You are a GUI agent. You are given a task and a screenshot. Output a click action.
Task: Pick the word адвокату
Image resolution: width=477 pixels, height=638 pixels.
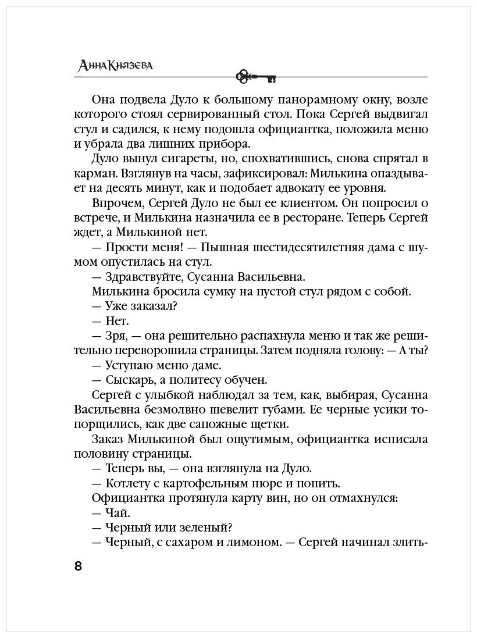click(x=297, y=188)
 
